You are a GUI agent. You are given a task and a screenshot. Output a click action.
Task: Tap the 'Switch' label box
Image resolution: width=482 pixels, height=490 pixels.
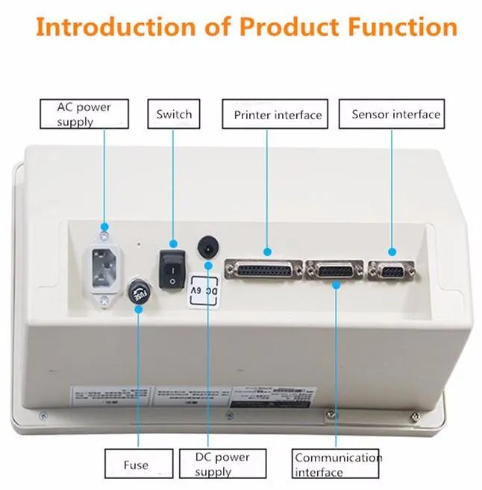(173, 114)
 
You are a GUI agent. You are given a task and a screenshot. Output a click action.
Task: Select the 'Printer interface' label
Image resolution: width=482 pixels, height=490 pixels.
(277, 115)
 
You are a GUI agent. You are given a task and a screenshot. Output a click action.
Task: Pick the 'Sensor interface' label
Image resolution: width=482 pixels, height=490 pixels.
(395, 114)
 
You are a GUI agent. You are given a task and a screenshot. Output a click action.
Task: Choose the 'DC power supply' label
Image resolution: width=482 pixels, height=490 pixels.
(222, 464)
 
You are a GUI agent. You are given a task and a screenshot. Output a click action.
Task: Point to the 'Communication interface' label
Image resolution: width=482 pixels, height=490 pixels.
(337, 464)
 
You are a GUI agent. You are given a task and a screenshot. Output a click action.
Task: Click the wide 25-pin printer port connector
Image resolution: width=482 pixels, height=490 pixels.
(263, 270)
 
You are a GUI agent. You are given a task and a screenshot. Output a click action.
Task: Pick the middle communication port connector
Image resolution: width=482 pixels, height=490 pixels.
(334, 270)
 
